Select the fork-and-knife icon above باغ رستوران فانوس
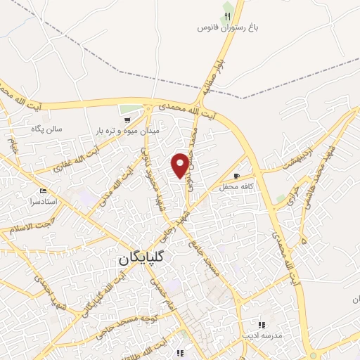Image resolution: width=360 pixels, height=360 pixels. pos(227,15)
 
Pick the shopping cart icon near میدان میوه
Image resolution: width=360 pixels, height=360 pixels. pos(127,121)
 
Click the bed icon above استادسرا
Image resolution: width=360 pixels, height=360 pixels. pos(44,191)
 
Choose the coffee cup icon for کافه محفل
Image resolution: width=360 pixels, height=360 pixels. pos(237,176)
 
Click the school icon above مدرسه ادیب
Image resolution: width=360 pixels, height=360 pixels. pos(261,325)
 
